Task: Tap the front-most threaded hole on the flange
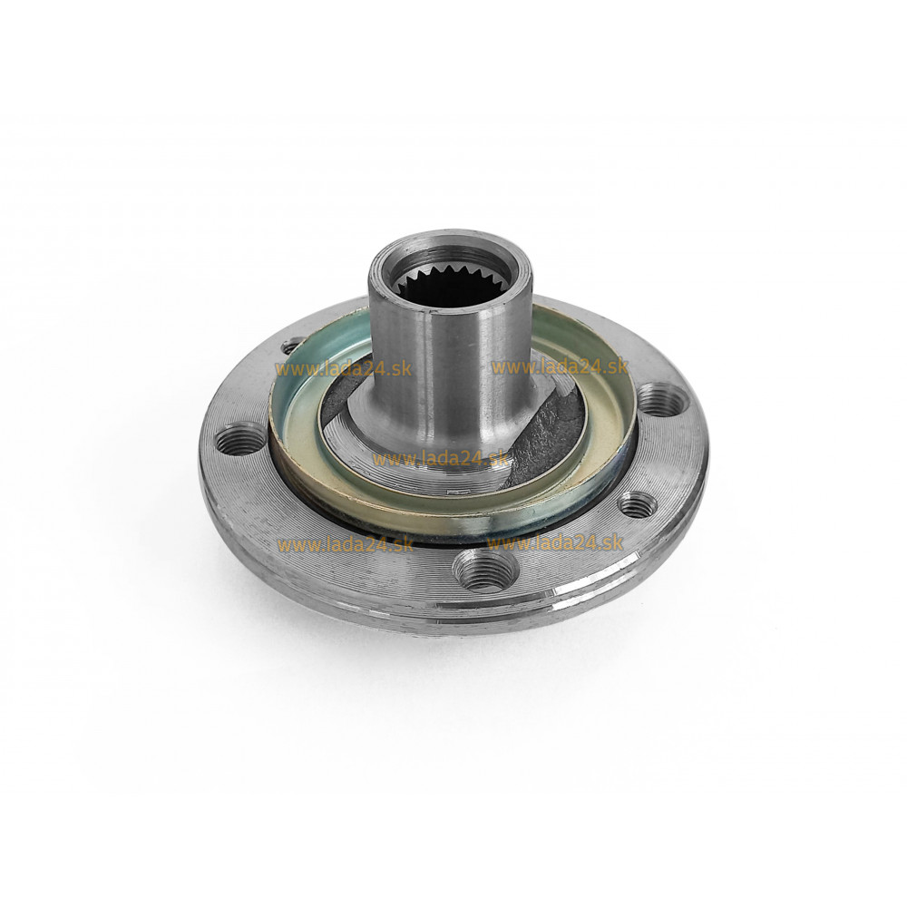(x=480, y=571)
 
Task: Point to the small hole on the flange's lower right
(x=638, y=504)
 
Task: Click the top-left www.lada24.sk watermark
(x=343, y=368)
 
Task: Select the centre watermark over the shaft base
(x=441, y=459)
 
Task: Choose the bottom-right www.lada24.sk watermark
(x=555, y=543)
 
